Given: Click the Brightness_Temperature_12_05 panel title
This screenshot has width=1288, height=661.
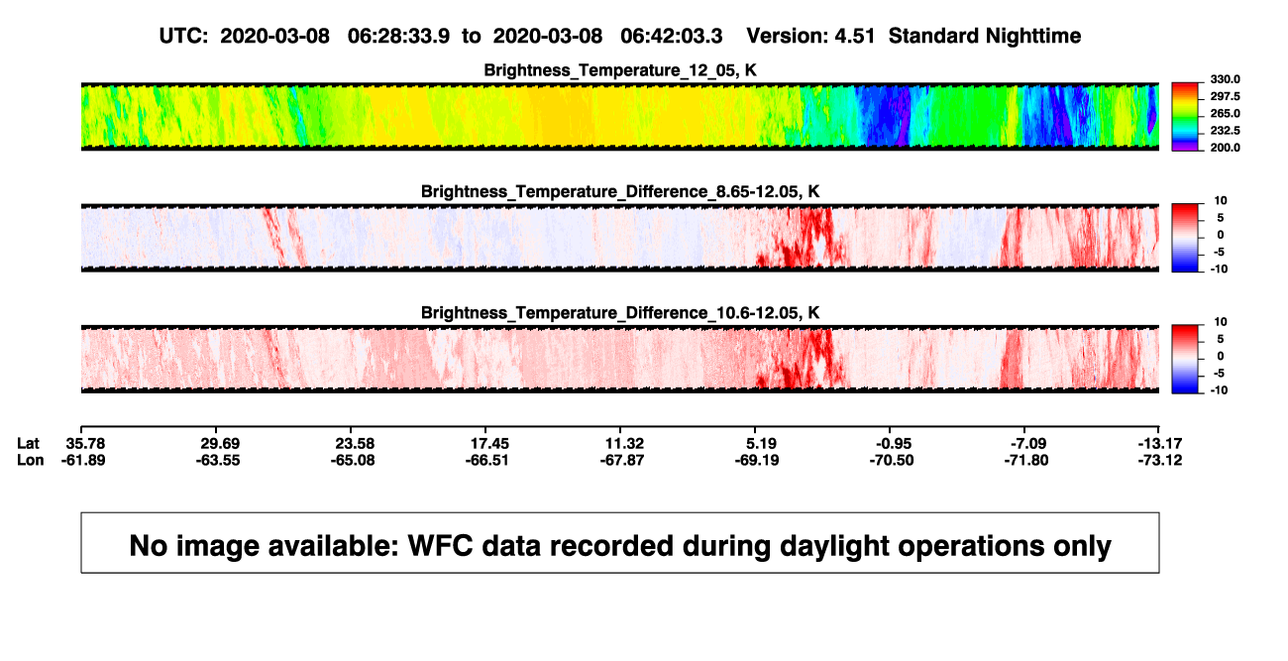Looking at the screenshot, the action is pos(620,70).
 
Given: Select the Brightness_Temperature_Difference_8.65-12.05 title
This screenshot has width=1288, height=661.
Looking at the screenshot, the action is pos(620,191).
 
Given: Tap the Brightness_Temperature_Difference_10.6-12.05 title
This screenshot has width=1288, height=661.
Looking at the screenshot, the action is pos(620,313).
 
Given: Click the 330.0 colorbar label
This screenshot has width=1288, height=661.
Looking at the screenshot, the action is pos(1225,79).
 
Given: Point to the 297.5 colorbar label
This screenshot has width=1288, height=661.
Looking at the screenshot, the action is pos(1225,96).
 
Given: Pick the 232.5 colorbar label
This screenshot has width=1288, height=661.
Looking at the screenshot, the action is pos(1225,131).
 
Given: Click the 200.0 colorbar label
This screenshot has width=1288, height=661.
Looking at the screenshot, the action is pos(1225,148).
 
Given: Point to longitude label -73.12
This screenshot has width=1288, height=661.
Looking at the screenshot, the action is pos(1160,461).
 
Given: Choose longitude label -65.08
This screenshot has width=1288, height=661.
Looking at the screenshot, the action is pos(353,461).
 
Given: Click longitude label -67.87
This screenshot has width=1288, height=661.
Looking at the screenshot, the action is pos(621,461).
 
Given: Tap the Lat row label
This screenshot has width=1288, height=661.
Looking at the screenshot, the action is pos(28,444).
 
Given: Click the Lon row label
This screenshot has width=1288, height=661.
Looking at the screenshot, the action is pos(30,461).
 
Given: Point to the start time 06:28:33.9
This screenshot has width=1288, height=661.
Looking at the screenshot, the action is pos(398,36).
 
